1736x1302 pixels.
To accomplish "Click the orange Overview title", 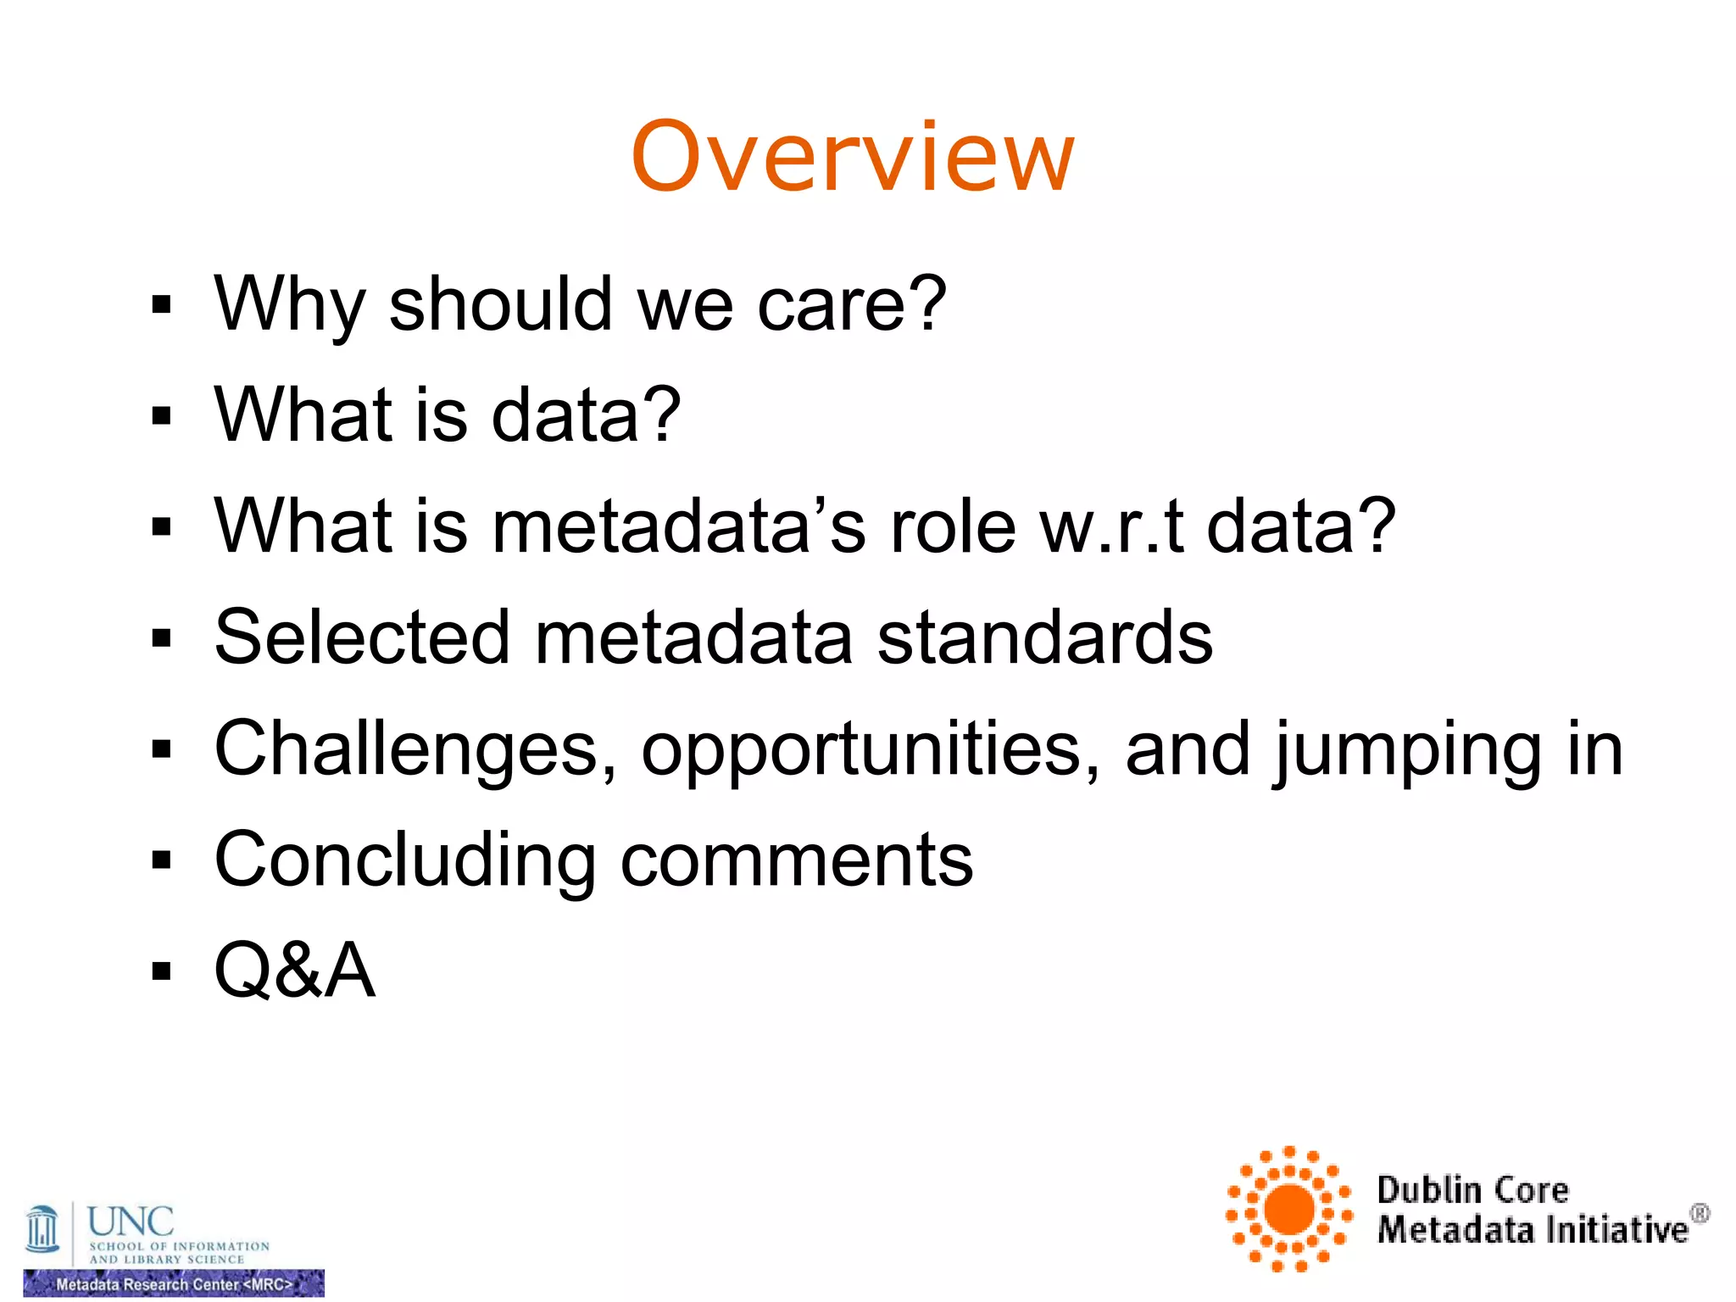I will tap(853, 158).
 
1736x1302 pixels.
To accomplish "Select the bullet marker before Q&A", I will tap(161, 970).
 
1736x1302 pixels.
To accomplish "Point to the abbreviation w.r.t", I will tap(1111, 526).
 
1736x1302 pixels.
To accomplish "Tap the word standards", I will tap(1044, 637).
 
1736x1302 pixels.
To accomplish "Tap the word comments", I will tap(797, 860).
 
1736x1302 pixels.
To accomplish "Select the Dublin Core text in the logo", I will tap(1472, 1190).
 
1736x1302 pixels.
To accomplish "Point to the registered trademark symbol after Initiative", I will tap(1699, 1214).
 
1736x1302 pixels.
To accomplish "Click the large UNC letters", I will tap(131, 1221).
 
